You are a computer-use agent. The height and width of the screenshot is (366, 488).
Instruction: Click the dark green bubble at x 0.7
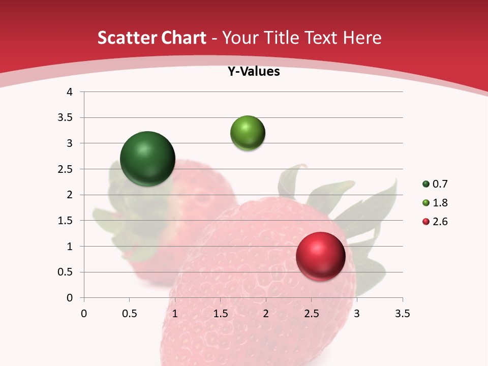tap(147, 159)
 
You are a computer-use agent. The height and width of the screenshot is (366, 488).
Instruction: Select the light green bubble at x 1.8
tap(248, 133)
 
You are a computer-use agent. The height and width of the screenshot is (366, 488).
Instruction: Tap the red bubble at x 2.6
tap(320, 256)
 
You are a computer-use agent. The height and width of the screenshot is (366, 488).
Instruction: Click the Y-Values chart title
tap(254, 72)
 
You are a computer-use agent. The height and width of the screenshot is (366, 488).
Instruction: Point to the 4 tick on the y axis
tap(70, 92)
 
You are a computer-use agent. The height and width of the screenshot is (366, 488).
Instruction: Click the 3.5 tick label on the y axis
tap(66, 117)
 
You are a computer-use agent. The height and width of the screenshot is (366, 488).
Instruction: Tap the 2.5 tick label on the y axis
tap(66, 169)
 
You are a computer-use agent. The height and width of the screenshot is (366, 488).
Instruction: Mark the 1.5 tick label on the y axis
tap(66, 221)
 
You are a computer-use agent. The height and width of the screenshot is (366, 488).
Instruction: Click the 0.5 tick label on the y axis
tap(66, 272)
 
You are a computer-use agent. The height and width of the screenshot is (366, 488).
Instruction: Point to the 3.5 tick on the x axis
tap(402, 314)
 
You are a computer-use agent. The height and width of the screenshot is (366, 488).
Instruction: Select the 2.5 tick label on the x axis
tap(311, 314)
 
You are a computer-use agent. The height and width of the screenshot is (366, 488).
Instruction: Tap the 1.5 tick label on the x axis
tap(220, 314)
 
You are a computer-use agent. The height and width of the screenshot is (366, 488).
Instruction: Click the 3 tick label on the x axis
tap(357, 314)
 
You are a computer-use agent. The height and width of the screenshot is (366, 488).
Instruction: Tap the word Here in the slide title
tap(362, 38)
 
